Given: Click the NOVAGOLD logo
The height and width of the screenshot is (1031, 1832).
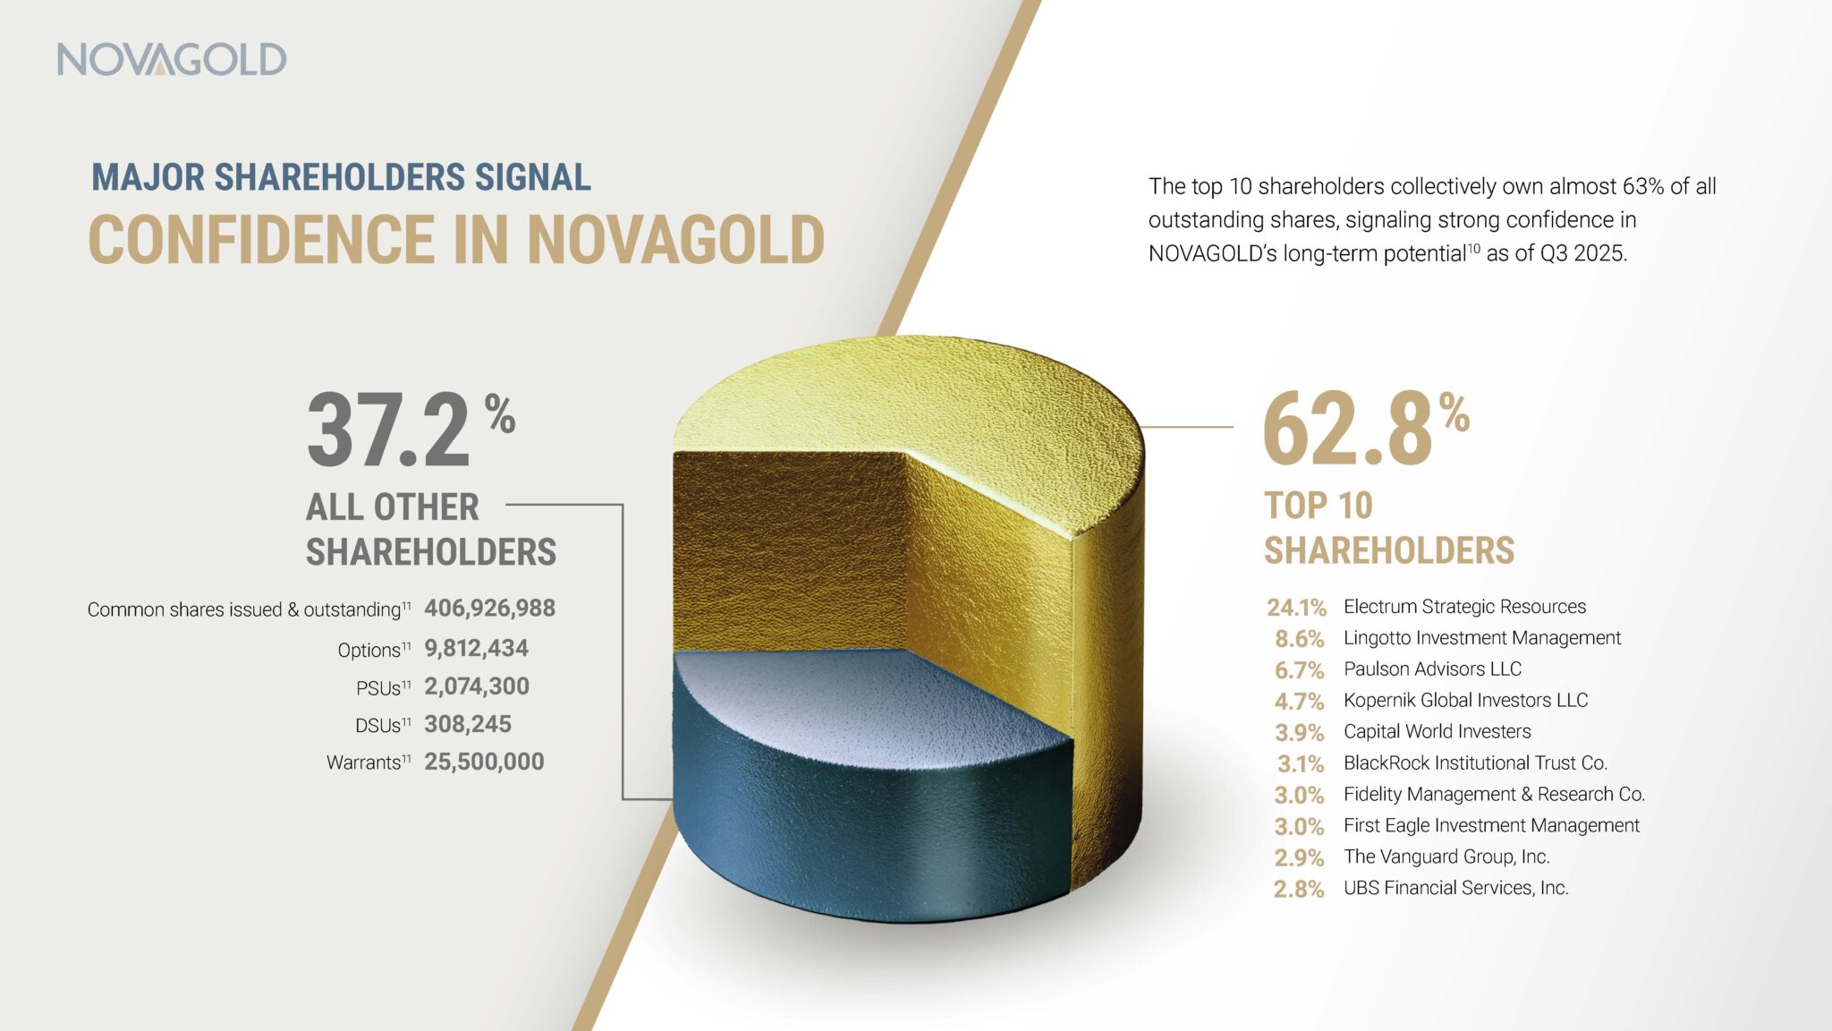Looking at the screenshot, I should (x=172, y=59).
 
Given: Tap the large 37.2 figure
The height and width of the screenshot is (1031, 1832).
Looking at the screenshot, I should (x=388, y=430).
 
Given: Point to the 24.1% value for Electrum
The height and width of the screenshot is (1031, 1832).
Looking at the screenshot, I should (x=1296, y=608).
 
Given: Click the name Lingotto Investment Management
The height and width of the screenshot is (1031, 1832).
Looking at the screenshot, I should (x=1481, y=638).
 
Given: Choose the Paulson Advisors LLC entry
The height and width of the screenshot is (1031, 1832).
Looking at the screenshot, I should (x=1431, y=669).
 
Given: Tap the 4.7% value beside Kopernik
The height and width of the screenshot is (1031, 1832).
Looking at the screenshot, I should (x=1299, y=701).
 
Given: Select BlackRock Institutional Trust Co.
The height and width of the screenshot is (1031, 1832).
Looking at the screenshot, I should (x=1475, y=763).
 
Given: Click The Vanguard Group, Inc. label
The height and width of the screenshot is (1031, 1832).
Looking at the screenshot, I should (x=1446, y=856).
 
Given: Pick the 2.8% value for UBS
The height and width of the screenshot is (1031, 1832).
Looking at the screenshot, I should (x=1299, y=889).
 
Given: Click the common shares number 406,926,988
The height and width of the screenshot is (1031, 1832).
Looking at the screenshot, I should (x=489, y=609).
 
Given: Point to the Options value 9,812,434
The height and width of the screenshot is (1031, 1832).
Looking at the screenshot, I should (x=476, y=648).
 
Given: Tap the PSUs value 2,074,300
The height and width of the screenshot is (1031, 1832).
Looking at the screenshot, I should (x=476, y=686).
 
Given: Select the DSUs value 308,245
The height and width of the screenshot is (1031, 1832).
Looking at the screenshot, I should (x=467, y=724).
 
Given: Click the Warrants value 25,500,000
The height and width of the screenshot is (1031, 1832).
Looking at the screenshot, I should (x=483, y=762).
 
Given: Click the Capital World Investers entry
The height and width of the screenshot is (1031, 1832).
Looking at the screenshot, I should (x=1437, y=732).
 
